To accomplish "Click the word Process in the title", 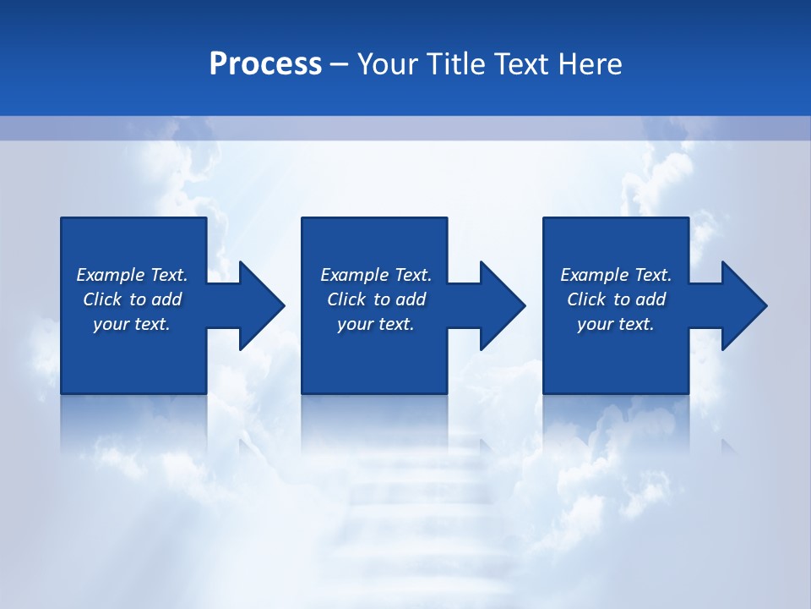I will coord(265,64).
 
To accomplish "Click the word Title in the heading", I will coord(457,64).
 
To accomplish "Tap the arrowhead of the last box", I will coord(743,305).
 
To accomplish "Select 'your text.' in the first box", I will coord(132,324).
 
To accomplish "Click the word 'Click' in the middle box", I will coord(346,299).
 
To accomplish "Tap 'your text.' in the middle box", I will coord(376,324).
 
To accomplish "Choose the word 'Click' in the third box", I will coord(586,299).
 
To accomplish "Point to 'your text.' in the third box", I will coord(616,324).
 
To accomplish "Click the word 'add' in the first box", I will coord(166,299).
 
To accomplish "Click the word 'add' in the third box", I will coord(650,299).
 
